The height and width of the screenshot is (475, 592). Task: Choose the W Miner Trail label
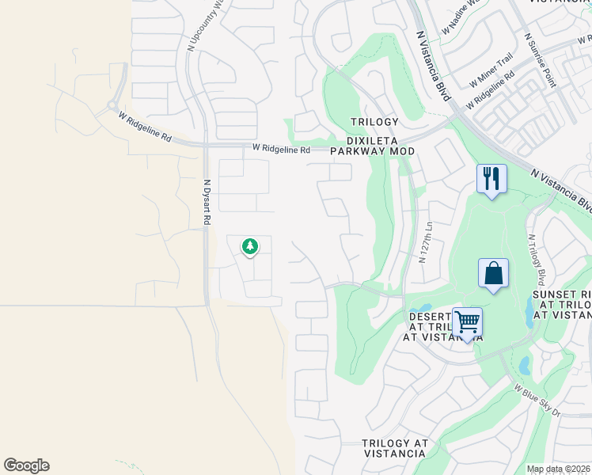(x=491, y=70)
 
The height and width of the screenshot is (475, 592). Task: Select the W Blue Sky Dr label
(x=537, y=401)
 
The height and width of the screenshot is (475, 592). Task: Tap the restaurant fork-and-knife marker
(x=491, y=180)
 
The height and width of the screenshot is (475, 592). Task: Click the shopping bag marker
(x=493, y=274)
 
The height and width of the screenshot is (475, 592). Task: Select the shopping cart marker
(x=467, y=323)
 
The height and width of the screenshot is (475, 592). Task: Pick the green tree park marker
(x=250, y=248)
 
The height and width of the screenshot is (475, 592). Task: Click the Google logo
(x=26, y=465)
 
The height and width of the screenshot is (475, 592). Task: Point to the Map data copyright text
(x=559, y=469)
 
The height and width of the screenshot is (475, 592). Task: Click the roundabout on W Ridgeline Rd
(x=112, y=105)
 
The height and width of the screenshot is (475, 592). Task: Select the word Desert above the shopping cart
(x=430, y=317)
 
